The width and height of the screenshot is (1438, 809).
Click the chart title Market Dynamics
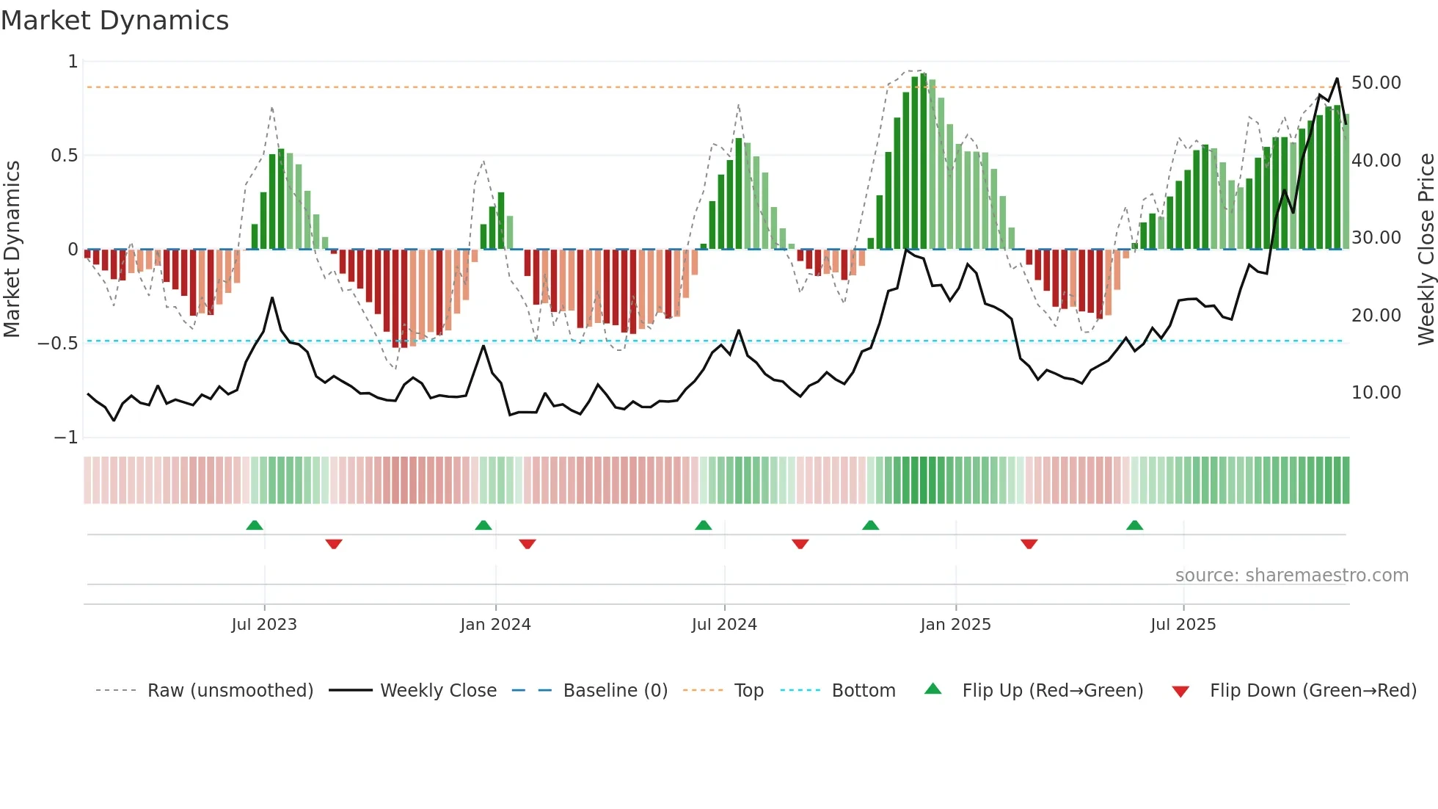pos(114,21)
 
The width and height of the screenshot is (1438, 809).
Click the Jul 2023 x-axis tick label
pos(264,625)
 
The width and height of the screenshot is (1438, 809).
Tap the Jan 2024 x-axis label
pos(495,625)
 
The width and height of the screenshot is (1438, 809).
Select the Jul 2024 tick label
pos(724,625)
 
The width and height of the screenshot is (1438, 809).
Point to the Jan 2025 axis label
pos(955,625)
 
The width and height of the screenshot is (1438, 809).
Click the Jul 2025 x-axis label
pos(1183,625)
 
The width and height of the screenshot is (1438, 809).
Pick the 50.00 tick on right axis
pos(1376,83)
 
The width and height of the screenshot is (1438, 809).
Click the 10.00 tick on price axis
pos(1376,393)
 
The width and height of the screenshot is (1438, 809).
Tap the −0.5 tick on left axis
pos(57,344)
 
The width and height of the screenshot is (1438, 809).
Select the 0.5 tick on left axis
pos(64,156)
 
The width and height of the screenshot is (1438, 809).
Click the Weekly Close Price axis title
pos(1426,249)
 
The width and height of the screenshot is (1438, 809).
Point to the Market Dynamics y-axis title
pos(12,249)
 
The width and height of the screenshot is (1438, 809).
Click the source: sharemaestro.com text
pos(1291,576)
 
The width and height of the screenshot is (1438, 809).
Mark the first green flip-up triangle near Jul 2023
pos(255,526)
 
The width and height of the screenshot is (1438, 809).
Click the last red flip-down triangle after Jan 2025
pos(1029,544)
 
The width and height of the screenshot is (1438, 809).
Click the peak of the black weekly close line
pos(1337,79)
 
